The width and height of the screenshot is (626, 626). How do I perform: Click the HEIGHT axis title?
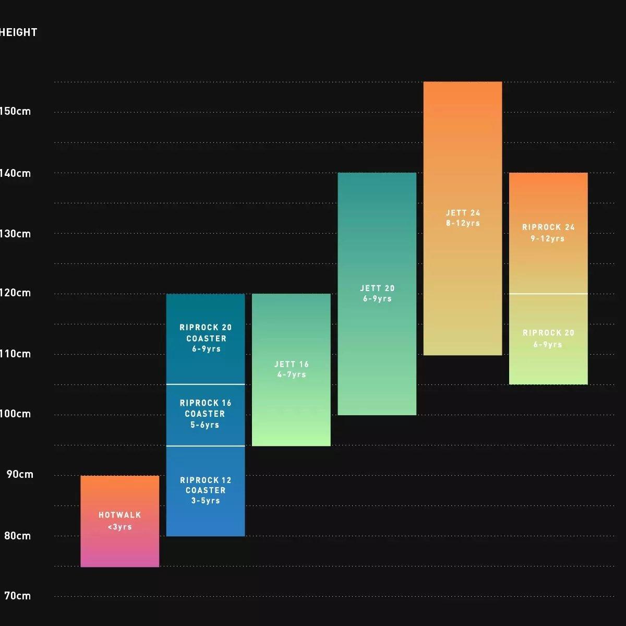tap(18, 32)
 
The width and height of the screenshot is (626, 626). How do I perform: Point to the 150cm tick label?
tap(16, 111)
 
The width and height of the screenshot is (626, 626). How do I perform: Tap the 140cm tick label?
tap(16, 173)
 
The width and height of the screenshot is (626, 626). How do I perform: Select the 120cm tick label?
tap(16, 293)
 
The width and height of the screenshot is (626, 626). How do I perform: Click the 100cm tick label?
tap(16, 414)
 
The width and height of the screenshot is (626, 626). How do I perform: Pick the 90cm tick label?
tap(20, 474)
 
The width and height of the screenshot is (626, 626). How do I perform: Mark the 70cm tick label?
tap(18, 595)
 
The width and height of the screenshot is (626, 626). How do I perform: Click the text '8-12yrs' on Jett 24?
tap(463, 223)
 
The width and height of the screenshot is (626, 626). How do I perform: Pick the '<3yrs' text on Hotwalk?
tap(119, 527)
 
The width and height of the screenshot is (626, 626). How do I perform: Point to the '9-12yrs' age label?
tap(548, 238)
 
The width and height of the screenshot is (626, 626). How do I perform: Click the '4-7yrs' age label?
tap(291, 375)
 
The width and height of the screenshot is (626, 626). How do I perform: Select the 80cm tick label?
tap(18, 536)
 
